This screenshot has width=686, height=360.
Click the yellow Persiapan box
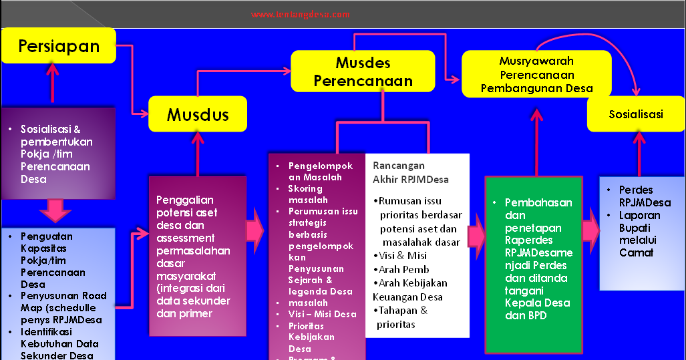(59, 46)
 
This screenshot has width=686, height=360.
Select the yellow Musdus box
(198, 114)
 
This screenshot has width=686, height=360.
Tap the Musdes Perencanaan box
(363, 71)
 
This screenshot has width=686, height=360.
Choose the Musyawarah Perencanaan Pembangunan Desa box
(536, 74)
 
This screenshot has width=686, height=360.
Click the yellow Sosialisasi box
(635, 114)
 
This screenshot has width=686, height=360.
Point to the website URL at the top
(301, 14)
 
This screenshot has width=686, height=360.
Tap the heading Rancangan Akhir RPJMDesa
(411, 172)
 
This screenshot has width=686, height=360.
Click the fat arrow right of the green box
(590, 231)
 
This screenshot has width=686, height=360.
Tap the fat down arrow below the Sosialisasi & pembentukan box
(55, 211)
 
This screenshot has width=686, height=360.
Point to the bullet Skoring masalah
(308, 194)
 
